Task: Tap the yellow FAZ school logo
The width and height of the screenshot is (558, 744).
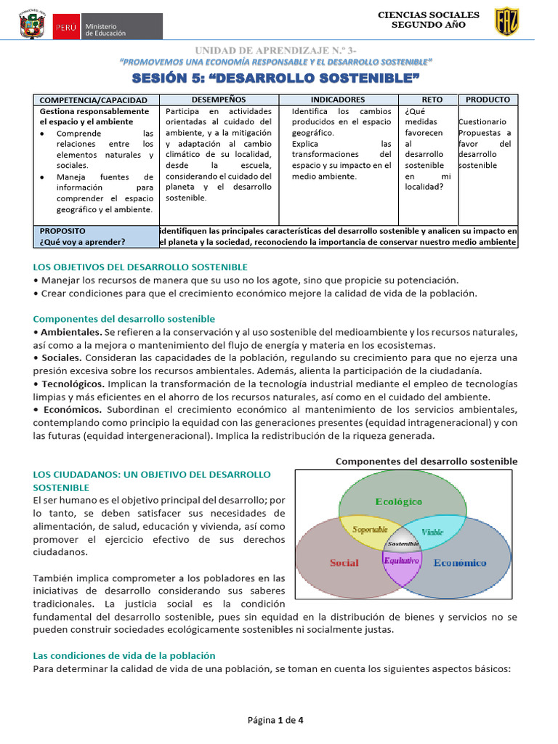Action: (x=506, y=22)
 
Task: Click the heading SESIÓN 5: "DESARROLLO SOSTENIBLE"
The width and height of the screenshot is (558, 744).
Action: (x=277, y=78)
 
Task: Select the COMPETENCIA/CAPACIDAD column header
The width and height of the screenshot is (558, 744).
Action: (x=93, y=100)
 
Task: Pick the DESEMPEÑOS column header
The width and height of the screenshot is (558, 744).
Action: (x=219, y=99)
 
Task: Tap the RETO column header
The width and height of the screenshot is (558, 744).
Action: (x=432, y=99)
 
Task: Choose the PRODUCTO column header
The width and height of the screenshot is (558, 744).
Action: (x=488, y=99)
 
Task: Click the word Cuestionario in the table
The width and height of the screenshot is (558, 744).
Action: (x=483, y=122)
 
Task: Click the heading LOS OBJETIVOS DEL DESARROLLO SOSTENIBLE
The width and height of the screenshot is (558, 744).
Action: (x=140, y=267)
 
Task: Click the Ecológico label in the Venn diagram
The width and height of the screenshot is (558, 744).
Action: (x=398, y=501)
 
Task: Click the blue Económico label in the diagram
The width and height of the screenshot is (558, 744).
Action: (x=460, y=563)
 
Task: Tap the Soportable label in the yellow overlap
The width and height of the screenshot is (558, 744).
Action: (x=370, y=530)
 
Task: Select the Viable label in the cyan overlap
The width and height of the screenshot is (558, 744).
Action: (x=432, y=531)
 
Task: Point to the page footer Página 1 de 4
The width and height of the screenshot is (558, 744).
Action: (x=276, y=721)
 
